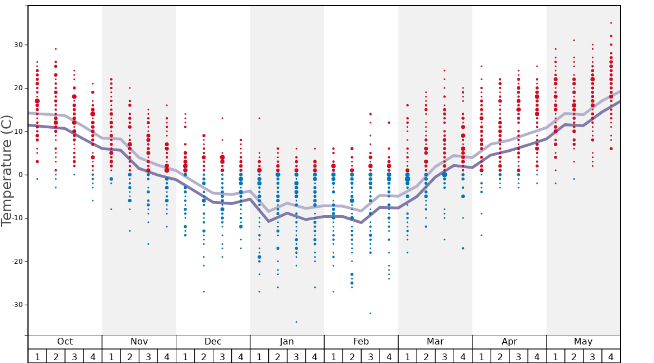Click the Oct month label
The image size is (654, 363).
click(65, 342)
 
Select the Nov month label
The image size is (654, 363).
click(139, 342)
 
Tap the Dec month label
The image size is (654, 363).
click(213, 342)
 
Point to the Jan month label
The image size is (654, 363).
click(287, 342)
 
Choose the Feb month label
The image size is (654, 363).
click(361, 342)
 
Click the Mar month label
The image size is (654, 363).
click(435, 342)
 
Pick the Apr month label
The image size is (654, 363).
click(509, 342)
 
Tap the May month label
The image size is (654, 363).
click(583, 342)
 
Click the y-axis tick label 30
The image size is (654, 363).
click(17, 45)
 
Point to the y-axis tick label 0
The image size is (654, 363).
click(20, 175)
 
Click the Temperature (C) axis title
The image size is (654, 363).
click(7, 170)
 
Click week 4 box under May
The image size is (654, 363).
click(611, 356)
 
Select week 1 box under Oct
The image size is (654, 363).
click(37, 356)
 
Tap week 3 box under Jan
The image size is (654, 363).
click(296, 356)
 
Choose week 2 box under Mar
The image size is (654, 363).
click(426, 356)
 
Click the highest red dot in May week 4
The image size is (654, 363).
click(611, 23)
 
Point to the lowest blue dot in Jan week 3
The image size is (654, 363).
click(296, 322)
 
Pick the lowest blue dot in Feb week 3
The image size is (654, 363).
click(370, 313)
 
